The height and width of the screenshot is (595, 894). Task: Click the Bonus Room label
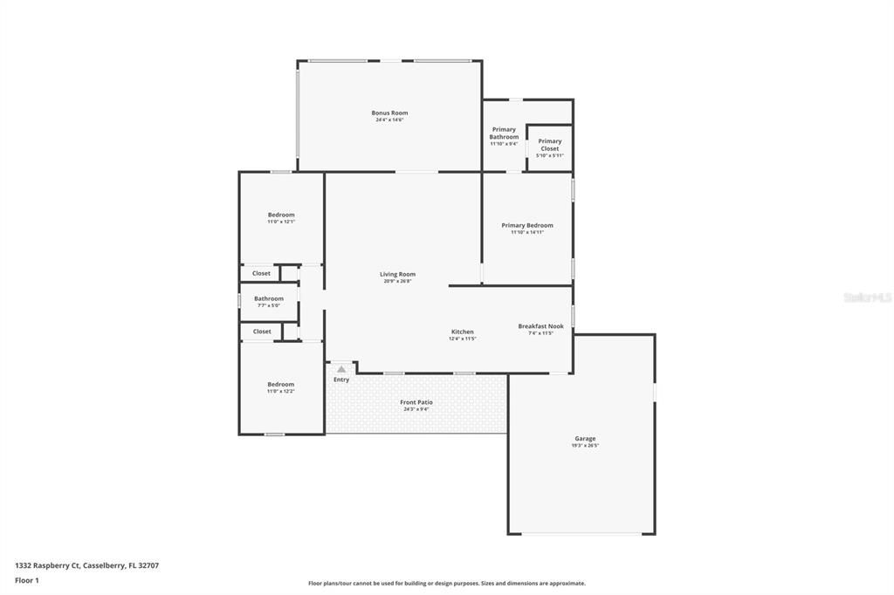click(x=389, y=113)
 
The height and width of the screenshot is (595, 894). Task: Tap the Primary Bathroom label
click(x=504, y=133)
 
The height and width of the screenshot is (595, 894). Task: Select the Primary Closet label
click(x=550, y=145)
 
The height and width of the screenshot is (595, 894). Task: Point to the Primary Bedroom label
click(x=527, y=225)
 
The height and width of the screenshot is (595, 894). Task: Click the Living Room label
click(x=397, y=274)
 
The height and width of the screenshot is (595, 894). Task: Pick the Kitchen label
click(x=462, y=332)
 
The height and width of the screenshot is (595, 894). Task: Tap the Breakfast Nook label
click(x=540, y=326)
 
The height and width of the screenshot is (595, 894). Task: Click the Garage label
click(x=585, y=439)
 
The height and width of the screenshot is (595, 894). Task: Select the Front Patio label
click(x=416, y=402)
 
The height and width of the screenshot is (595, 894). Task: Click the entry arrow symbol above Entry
click(x=341, y=369)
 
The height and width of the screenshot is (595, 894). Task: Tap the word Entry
click(x=341, y=380)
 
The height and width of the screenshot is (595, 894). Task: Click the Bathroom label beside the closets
click(x=269, y=298)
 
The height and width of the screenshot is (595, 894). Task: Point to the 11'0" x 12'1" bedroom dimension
click(x=281, y=222)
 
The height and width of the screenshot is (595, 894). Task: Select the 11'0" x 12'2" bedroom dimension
click(x=281, y=391)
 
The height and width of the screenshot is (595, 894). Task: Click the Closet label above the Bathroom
click(x=262, y=273)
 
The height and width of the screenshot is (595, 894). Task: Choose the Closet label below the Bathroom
click(x=262, y=332)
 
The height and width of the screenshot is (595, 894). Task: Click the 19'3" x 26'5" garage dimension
click(x=585, y=446)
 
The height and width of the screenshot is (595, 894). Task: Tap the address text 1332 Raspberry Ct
click(x=49, y=565)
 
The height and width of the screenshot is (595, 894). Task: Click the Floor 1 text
click(x=27, y=580)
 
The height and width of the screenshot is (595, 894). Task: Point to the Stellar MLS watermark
click(x=867, y=297)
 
